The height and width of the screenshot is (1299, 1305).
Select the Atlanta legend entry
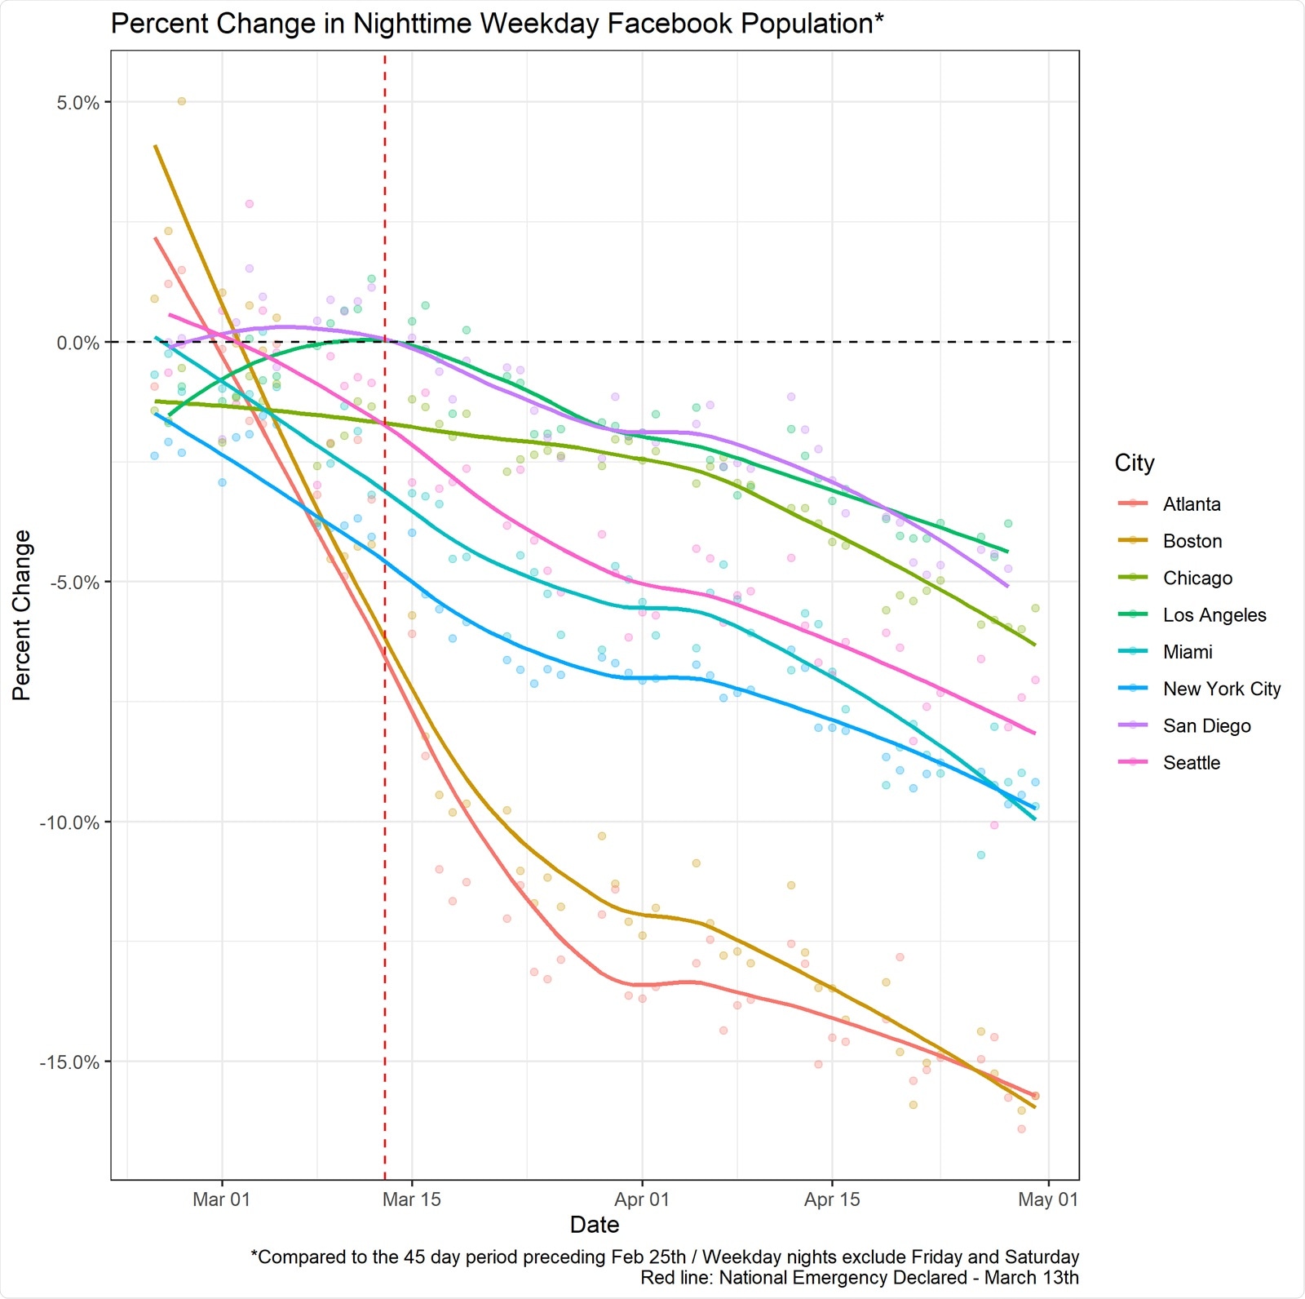pos(1191,504)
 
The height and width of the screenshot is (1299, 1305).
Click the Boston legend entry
pos(1192,541)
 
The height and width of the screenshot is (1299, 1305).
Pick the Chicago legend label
pos(1197,579)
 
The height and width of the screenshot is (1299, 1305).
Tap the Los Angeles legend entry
pos(1214,615)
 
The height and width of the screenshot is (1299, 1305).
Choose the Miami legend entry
pos(1187,652)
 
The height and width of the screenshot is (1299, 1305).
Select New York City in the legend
pos(1221,689)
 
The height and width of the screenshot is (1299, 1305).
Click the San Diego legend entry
pos(1206,726)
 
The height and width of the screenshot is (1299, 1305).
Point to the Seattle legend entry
pos(1191,763)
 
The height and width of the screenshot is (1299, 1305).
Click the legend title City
pos(1134,463)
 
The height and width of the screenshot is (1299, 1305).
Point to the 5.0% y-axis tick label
pos(77,103)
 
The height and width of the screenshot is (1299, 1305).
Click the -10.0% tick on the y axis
pos(70,822)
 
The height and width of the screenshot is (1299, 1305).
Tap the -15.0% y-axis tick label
pos(70,1062)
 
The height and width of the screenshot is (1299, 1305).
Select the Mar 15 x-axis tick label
pos(411,1199)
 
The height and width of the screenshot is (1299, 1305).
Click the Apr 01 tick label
pos(642,1199)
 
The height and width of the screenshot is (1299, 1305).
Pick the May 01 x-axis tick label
pos(1048,1199)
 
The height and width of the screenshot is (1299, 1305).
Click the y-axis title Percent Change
pos(22,615)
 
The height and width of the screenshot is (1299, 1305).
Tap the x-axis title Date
pos(595,1225)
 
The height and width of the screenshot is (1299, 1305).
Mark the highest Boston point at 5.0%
pos(182,101)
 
